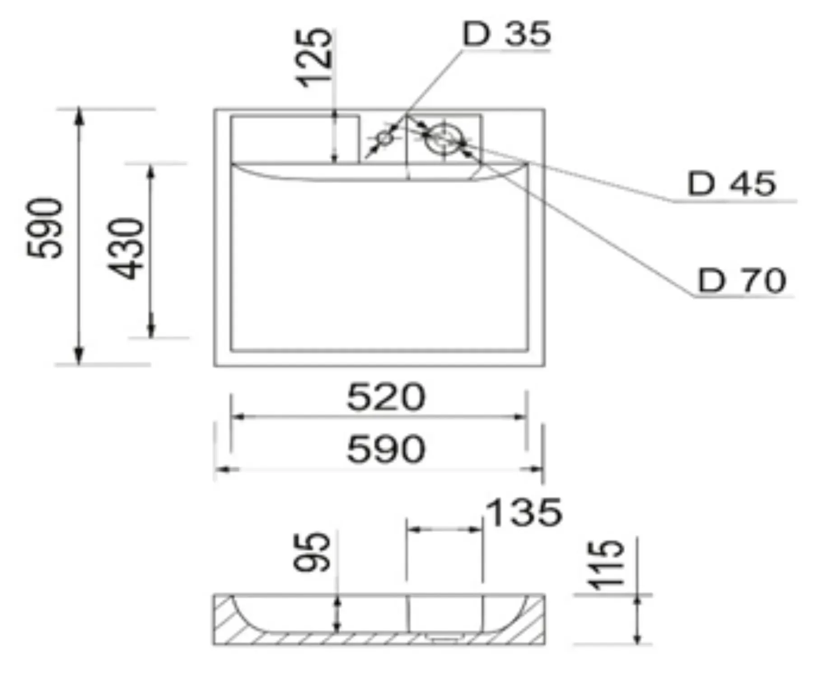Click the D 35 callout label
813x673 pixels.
[x=506, y=34]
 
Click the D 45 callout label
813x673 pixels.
[x=731, y=184]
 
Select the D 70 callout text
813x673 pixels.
[x=742, y=281]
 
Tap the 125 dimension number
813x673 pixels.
[x=314, y=57]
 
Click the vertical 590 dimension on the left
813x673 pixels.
[x=44, y=228]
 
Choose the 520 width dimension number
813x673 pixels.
[x=386, y=397]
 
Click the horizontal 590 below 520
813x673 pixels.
[x=386, y=449]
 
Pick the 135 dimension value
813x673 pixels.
[x=524, y=513]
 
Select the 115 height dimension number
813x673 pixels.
[x=606, y=565]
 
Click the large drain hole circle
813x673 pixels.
[x=444, y=138]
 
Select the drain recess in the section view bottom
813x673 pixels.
[x=443, y=638]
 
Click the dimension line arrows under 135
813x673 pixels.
[x=444, y=529]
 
